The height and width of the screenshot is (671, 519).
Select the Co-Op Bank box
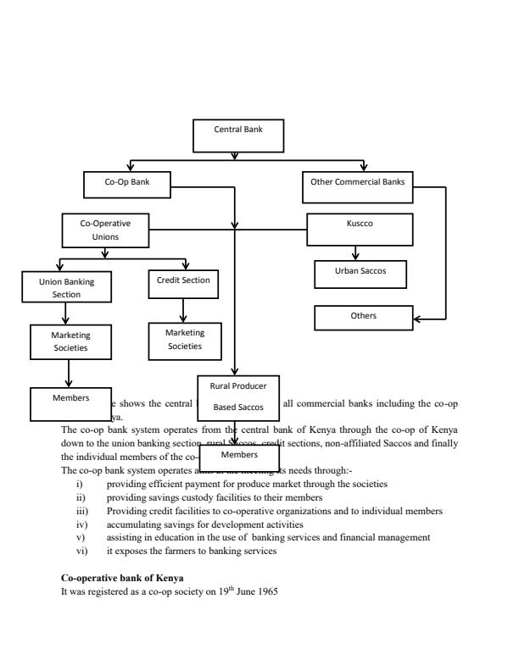127,182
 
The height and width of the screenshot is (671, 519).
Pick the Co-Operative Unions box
106,230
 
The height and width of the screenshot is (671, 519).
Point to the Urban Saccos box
360,273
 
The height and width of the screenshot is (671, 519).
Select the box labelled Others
363,317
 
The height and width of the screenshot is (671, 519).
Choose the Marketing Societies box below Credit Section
185,341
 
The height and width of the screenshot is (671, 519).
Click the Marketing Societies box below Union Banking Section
71,341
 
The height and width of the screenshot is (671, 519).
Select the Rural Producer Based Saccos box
238,396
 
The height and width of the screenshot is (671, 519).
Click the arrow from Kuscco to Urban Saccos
355,252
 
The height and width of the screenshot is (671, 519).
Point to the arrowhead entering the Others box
417,319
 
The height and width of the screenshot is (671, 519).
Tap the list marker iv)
81,524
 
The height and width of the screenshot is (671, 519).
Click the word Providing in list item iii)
124,511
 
